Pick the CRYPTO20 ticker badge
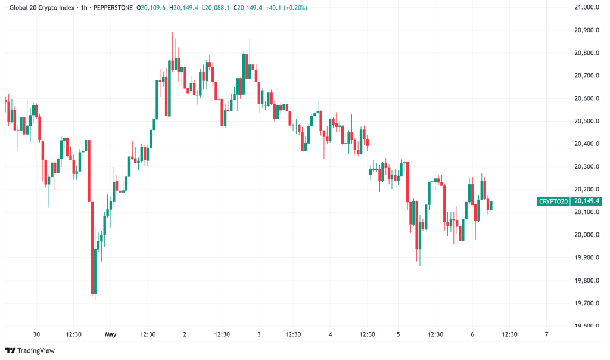(x=553, y=201)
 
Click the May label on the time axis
(x=110, y=334)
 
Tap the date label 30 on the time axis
(x=37, y=334)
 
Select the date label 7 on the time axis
(x=546, y=334)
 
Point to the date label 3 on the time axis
(x=259, y=334)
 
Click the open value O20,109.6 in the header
(x=151, y=8)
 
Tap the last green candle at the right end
(x=491, y=206)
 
